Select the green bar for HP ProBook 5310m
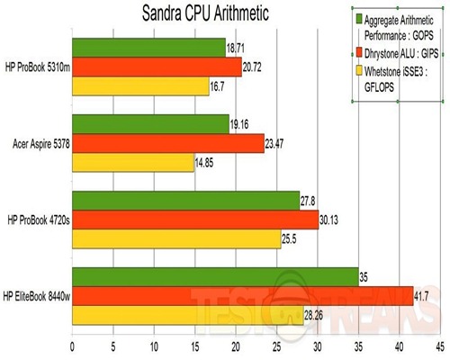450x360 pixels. pyautogui.click(x=148, y=47)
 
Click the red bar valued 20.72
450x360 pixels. pyautogui.click(x=156, y=67)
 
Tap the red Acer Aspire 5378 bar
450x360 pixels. pyautogui.click(x=167, y=144)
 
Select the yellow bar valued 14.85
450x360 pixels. pyautogui.click(x=132, y=163)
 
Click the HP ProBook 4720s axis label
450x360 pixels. pyautogui.click(x=36, y=220)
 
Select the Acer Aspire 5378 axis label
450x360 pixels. pyautogui.click(x=37, y=143)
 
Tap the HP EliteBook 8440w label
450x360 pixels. pyautogui.click(x=36, y=298)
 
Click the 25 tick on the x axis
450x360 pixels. pyautogui.click(x=276, y=344)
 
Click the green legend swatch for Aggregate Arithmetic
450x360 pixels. pyautogui.click(x=357, y=17)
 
